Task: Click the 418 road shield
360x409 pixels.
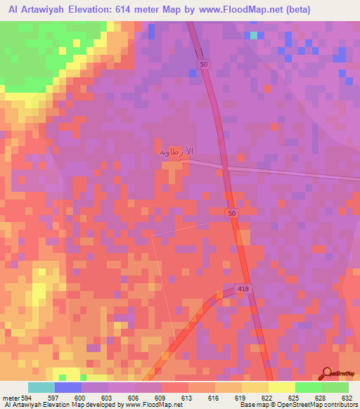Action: tap(243, 290)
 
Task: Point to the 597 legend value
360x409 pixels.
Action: tap(55, 397)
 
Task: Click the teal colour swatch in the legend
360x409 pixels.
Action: tap(41, 387)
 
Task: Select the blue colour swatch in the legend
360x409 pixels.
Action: tap(68, 387)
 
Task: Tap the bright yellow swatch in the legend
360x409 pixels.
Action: tap(282, 387)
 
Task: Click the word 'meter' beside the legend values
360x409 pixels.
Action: tap(11, 397)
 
